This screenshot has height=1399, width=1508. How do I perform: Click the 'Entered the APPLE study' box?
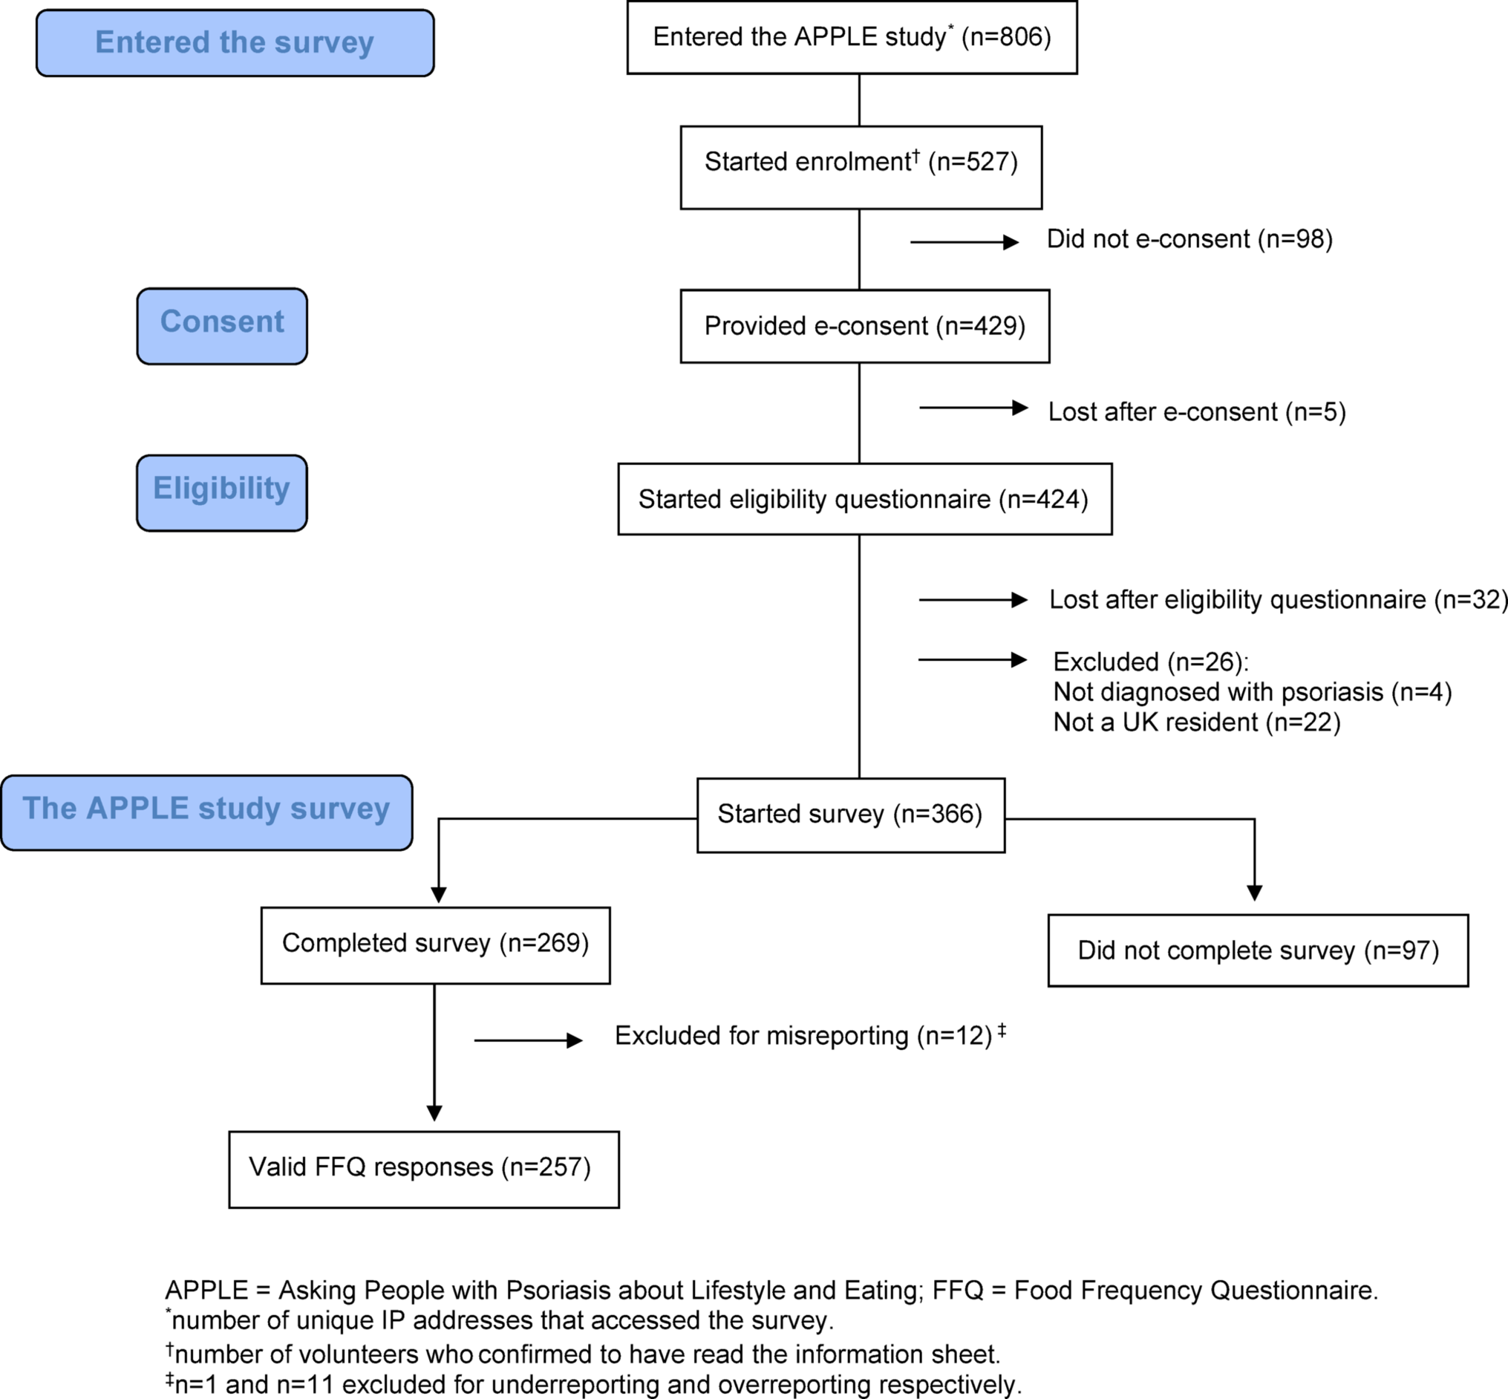pos(852,37)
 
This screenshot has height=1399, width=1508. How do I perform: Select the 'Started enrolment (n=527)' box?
pos(861,167)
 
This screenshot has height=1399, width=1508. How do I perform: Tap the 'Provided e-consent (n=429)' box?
pos(864,326)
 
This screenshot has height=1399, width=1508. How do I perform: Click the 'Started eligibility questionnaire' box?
pos(864,499)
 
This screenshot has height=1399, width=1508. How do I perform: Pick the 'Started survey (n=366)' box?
pos(850,815)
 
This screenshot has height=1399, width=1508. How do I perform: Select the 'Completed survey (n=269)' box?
pos(435,945)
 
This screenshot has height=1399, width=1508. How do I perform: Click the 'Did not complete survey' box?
pos(1258,950)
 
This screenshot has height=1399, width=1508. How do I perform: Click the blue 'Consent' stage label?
pos(222,326)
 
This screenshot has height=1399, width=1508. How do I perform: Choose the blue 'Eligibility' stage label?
pos(222,493)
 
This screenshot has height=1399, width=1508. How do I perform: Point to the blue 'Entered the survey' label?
pos(235,43)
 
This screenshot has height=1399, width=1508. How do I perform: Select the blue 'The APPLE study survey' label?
pos(206,812)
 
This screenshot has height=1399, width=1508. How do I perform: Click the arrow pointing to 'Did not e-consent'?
pos(964,242)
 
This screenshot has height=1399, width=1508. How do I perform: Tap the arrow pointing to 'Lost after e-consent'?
pos(973,408)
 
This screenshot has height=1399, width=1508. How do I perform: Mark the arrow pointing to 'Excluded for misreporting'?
pos(528,1041)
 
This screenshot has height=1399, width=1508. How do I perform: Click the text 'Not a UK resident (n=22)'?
pos(1196,723)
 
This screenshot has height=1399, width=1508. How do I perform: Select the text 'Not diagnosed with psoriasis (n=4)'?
pos(1252,692)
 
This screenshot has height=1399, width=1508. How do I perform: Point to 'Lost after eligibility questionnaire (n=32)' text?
pos(1278,599)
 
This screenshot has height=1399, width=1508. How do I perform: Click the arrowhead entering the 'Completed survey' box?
pos(438,895)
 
